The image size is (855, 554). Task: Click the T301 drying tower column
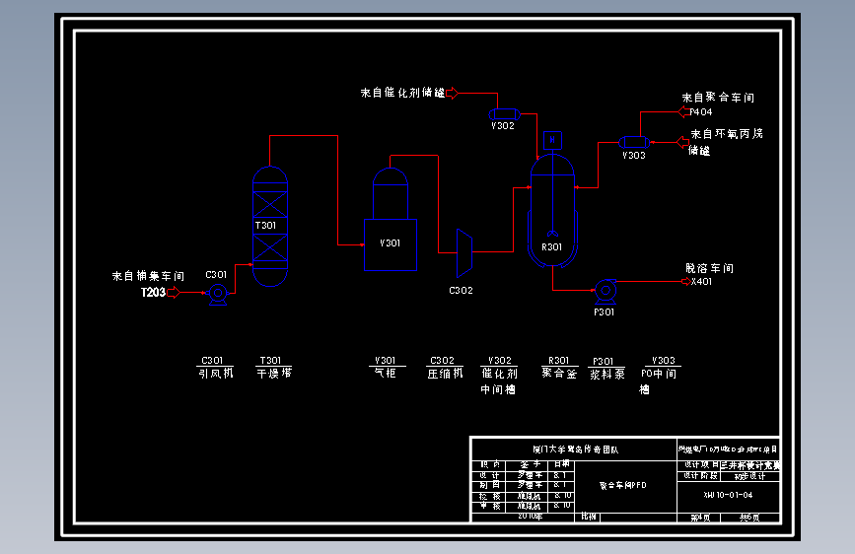tap(269, 226)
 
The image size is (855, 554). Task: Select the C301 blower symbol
tap(218, 293)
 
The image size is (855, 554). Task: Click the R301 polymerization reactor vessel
tap(552, 212)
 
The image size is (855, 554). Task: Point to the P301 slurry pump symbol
tap(604, 290)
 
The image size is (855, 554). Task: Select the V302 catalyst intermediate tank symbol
tap(503, 112)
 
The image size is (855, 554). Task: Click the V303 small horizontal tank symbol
tap(633, 143)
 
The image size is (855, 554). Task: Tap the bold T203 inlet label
tap(152, 293)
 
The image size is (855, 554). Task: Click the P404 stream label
tap(701, 112)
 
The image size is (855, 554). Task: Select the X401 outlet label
tap(701, 282)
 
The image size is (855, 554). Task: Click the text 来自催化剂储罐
tap(402, 93)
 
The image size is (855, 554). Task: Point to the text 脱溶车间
tap(709, 268)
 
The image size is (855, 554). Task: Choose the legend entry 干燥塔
tap(274, 374)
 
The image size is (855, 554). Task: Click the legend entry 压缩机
tap(445, 374)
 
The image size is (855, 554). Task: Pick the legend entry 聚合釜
tap(559, 374)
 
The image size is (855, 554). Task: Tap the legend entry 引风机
tap(215, 374)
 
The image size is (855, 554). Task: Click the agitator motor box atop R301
tap(552, 140)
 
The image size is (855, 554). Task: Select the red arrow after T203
tap(176, 293)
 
